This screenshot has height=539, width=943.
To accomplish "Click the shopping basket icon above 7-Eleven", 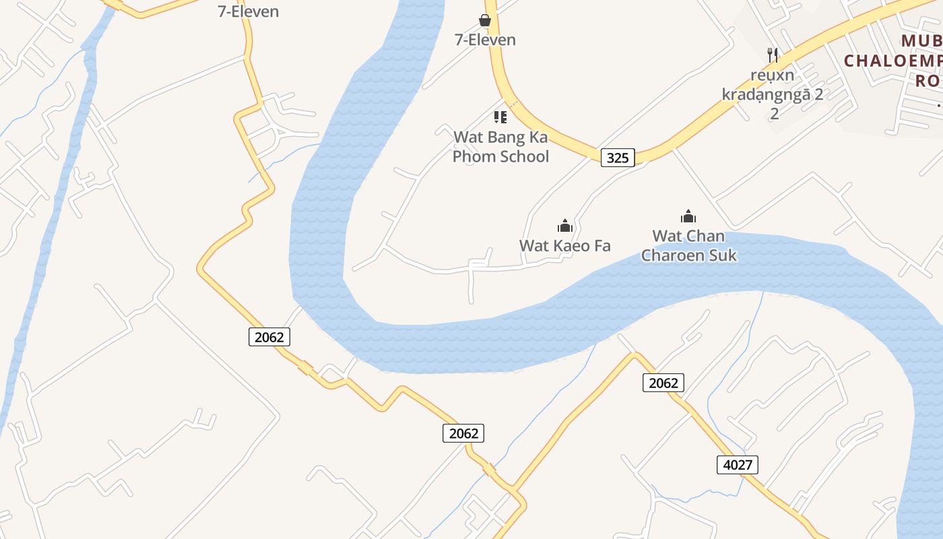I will pyautogui.click(x=485, y=20).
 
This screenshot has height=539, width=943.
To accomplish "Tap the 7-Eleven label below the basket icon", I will pyautogui.click(x=485, y=40).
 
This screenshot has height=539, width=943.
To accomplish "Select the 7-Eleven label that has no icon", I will pyautogui.click(x=248, y=11).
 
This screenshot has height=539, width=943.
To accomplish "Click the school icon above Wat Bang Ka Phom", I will pyautogui.click(x=500, y=117).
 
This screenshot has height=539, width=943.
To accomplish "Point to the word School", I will pyautogui.click(x=519, y=156).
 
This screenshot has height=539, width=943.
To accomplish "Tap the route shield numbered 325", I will pyautogui.click(x=617, y=158).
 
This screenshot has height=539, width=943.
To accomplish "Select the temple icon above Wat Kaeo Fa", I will pyautogui.click(x=564, y=225).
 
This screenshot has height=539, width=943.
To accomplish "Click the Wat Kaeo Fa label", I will pyautogui.click(x=564, y=246).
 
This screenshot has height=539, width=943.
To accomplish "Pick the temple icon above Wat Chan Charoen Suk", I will pyautogui.click(x=688, y=216).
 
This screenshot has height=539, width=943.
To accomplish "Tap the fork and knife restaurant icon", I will pyautogui.click(x=773, y=55).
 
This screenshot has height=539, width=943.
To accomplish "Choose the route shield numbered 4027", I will pyautogui.click(x=738, y=464).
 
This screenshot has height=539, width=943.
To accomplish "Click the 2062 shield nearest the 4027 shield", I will pyautogui.click(x=663, y=383).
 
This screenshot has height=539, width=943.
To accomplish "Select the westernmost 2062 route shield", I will pyautogui.click(x=269, y=337).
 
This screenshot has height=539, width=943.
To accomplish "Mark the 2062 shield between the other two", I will pyautogui.click(x=463, y=433).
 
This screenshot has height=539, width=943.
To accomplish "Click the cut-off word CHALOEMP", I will pyautogui.click(x=893, y=61).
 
